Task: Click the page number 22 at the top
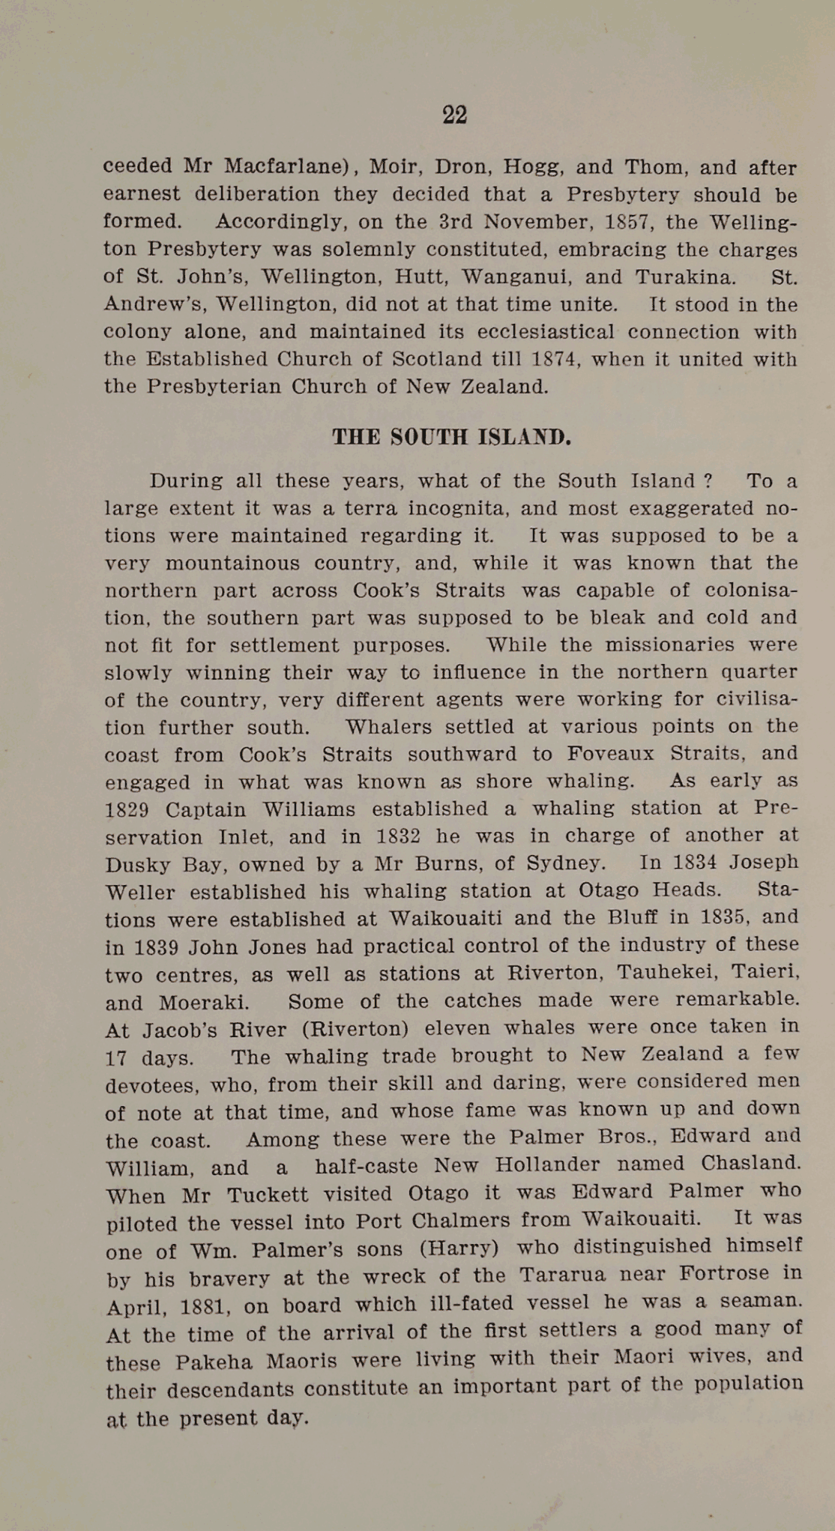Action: click(x=454, y=115)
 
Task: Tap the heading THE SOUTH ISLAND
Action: click(x=452, y=437)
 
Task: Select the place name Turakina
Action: click(x=685, y=277)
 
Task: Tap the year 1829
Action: click(x=127, y=811)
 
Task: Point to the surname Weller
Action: click(x=140, y=893)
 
